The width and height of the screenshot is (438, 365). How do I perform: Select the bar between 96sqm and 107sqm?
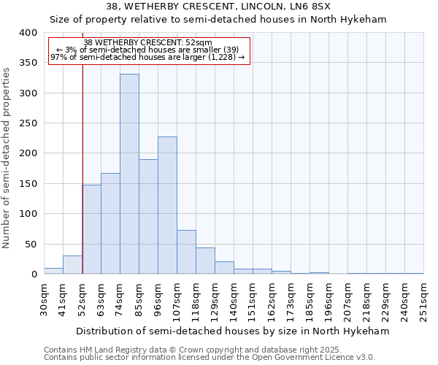pos(167,205)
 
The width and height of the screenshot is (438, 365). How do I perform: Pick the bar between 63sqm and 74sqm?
pos(110,223)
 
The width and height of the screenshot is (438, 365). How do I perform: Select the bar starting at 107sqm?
pos(186,252)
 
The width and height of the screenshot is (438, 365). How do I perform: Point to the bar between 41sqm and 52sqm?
pos(72,265)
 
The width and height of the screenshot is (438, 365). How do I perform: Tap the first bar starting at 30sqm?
pos(53,271)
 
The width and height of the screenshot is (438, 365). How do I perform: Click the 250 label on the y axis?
pos(28,123)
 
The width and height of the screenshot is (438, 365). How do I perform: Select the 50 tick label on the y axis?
pos(31,244)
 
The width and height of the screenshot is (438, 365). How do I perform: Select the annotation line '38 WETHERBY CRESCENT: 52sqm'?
pos(147,42)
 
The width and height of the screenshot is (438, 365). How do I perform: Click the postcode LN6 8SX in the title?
pos(312,6)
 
